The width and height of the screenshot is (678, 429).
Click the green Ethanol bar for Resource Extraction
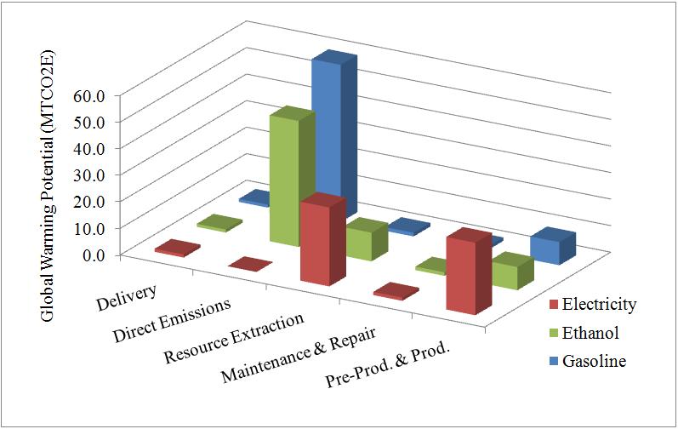pos(362,243)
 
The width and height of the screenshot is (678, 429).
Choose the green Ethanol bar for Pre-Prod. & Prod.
pos(508,273)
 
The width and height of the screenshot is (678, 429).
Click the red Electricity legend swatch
pos(553,305)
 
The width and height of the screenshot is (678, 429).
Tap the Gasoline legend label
pos(595,361)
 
